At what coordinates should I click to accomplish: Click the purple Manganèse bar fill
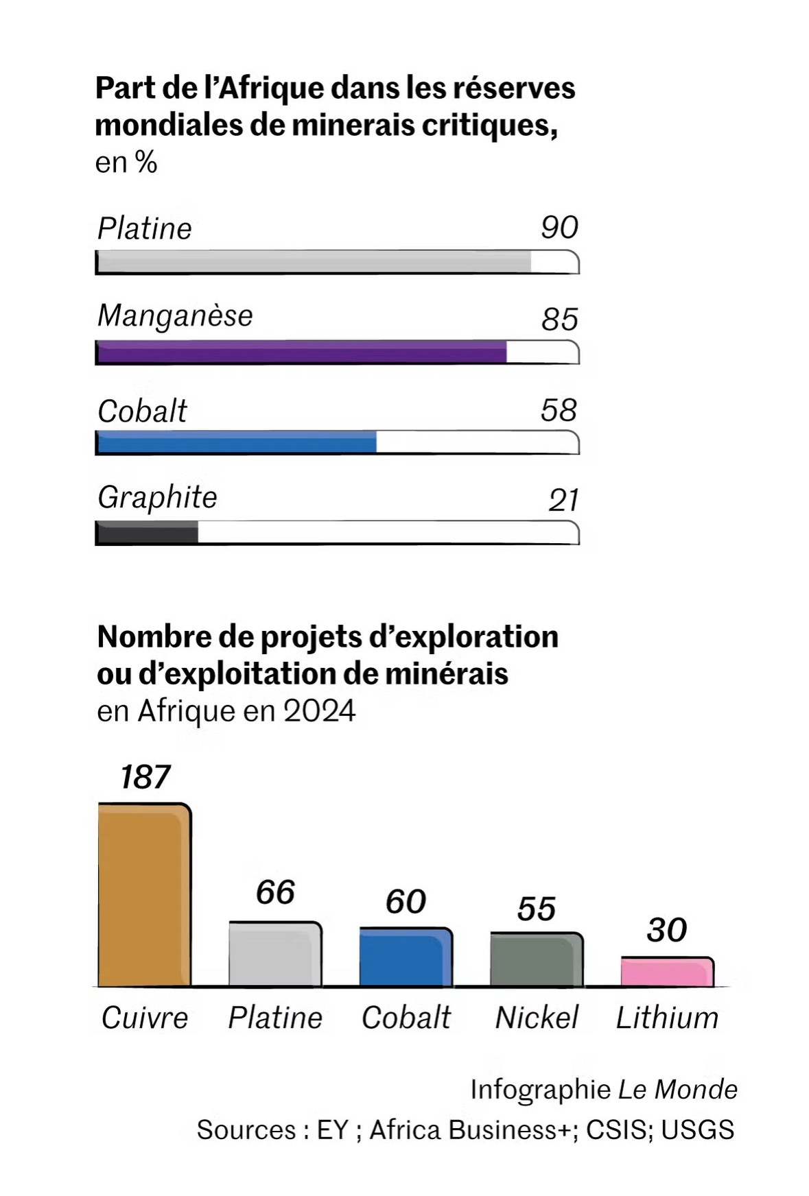[302, 352]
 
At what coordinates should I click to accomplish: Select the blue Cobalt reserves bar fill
[237, 442]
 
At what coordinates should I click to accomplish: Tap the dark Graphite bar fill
[147, 533]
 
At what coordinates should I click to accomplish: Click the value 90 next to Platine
[559, 228]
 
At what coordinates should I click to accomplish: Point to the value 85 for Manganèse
[559, 319]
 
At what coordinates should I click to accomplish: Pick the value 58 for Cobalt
[559, 410]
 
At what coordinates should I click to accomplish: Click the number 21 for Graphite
[563, 500]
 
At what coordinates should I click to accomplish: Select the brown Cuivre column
[144, 895]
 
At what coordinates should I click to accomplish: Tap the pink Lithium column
[667, 972]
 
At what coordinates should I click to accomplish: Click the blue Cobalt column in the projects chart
[406, 957]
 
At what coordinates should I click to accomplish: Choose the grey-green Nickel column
[537, 959]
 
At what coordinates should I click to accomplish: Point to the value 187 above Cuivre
[145, 777]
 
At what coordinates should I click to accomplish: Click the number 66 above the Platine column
[275, 892]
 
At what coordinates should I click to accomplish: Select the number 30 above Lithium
[666, 930]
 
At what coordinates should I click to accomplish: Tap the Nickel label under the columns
[537, 1018]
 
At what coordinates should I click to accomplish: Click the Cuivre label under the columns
[145, 1018]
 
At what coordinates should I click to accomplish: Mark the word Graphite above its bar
[157, 497]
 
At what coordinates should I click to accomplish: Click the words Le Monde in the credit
[677, 1089]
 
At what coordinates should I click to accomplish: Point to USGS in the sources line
[697, 1129]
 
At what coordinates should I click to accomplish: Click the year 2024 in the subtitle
[319, 711]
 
